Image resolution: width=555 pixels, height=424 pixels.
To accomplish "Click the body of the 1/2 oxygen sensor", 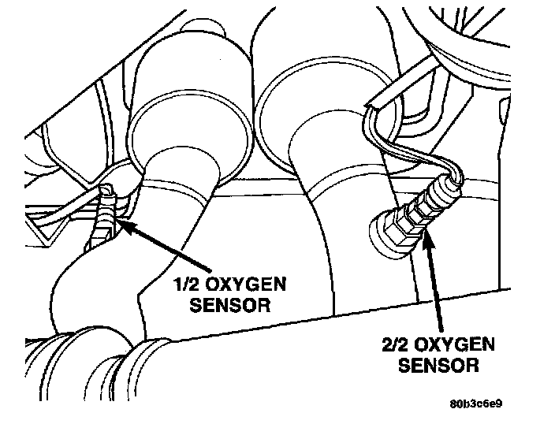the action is tap(102, 225).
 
